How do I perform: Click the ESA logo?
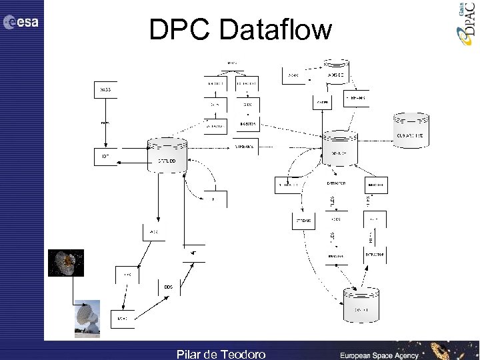tap(21, 22)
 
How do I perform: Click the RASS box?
tap(105, 89)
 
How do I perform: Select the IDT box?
tap(105, 157)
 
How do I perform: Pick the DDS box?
tap(168, 287)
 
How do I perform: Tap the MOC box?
tap(121, 319)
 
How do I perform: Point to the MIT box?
tap(193, 254)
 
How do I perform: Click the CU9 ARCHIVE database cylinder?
tap(410, 131)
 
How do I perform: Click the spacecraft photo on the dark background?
tap(66, 263)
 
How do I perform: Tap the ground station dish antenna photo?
tap(87, 319)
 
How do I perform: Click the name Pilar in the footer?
tap(191, 354)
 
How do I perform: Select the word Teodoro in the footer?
tap(243, 354)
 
